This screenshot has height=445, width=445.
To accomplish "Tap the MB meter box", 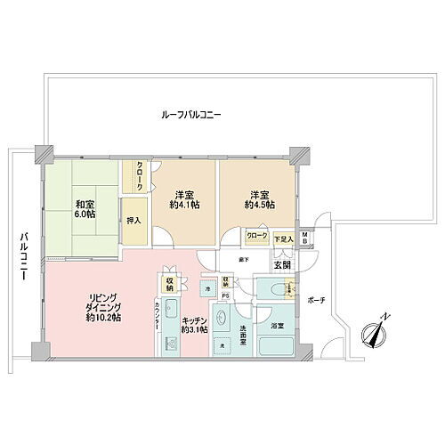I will (x=305, y=238).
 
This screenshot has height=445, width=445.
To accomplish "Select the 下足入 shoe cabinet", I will (x=283, y=238).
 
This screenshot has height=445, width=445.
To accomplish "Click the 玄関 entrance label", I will (x=282, y=264).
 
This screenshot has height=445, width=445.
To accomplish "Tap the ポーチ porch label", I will (x=318, y=301).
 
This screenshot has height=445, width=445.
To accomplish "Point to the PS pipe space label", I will (x=225, y=296).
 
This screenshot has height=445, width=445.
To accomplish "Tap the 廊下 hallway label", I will (x=243, y=259).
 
